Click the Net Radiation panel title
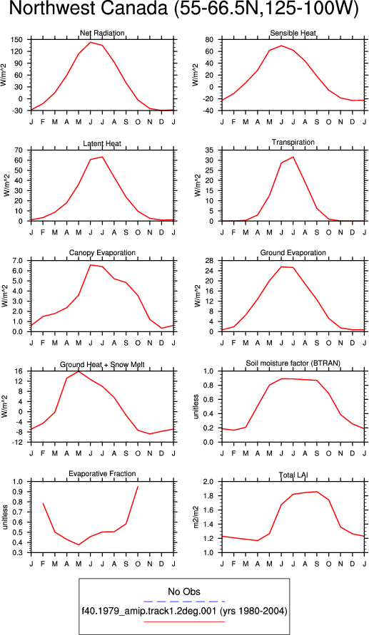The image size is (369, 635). [102, 33]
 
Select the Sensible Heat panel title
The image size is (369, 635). [293, 33]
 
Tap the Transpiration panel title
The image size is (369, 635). [293, 142]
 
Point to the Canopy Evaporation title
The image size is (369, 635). [102, 253]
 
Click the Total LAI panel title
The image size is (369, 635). [293, 474]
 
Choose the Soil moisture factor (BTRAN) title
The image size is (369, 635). [293, 363]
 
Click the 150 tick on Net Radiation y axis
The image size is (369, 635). [22, 40]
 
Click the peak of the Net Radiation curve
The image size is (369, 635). [91, 42]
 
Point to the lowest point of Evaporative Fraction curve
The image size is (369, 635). [79, 544]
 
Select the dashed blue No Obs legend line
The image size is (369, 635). [184, 602]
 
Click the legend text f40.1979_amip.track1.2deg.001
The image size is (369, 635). [149, 611]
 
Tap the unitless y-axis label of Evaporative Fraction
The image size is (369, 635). [5, 517]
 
